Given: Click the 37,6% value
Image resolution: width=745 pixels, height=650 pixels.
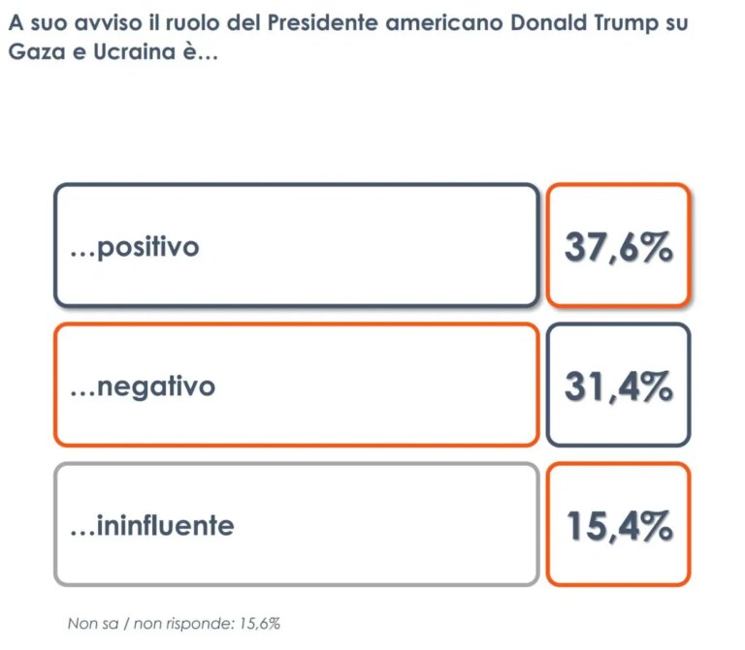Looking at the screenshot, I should coord(618,246).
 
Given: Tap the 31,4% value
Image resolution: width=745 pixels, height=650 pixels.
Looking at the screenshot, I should coord(618,387).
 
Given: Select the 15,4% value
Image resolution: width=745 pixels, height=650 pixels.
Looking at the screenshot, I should coord(618,526).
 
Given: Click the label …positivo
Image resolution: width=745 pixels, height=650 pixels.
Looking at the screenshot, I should coord(135,247).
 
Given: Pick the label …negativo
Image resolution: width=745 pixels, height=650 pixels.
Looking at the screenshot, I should coord(143,387).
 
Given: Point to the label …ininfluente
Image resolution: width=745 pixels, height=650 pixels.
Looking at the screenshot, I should coord(152,526).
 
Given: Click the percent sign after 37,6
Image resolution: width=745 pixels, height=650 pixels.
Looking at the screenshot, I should coord(657,246).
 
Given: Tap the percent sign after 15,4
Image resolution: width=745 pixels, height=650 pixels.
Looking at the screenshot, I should coord(657,526).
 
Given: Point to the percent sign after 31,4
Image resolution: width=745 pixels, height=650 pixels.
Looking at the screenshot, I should coord(657,387).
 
